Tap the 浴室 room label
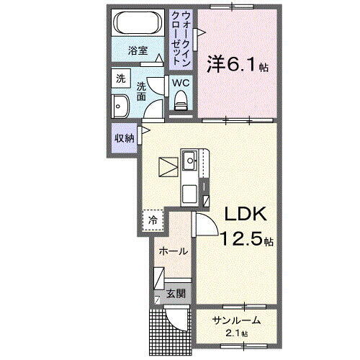point(138,52)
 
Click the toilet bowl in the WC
point(181,100)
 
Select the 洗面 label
point(142,90)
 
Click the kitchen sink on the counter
point(190,160)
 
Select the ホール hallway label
point(174,251)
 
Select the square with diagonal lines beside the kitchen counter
point(169,167)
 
